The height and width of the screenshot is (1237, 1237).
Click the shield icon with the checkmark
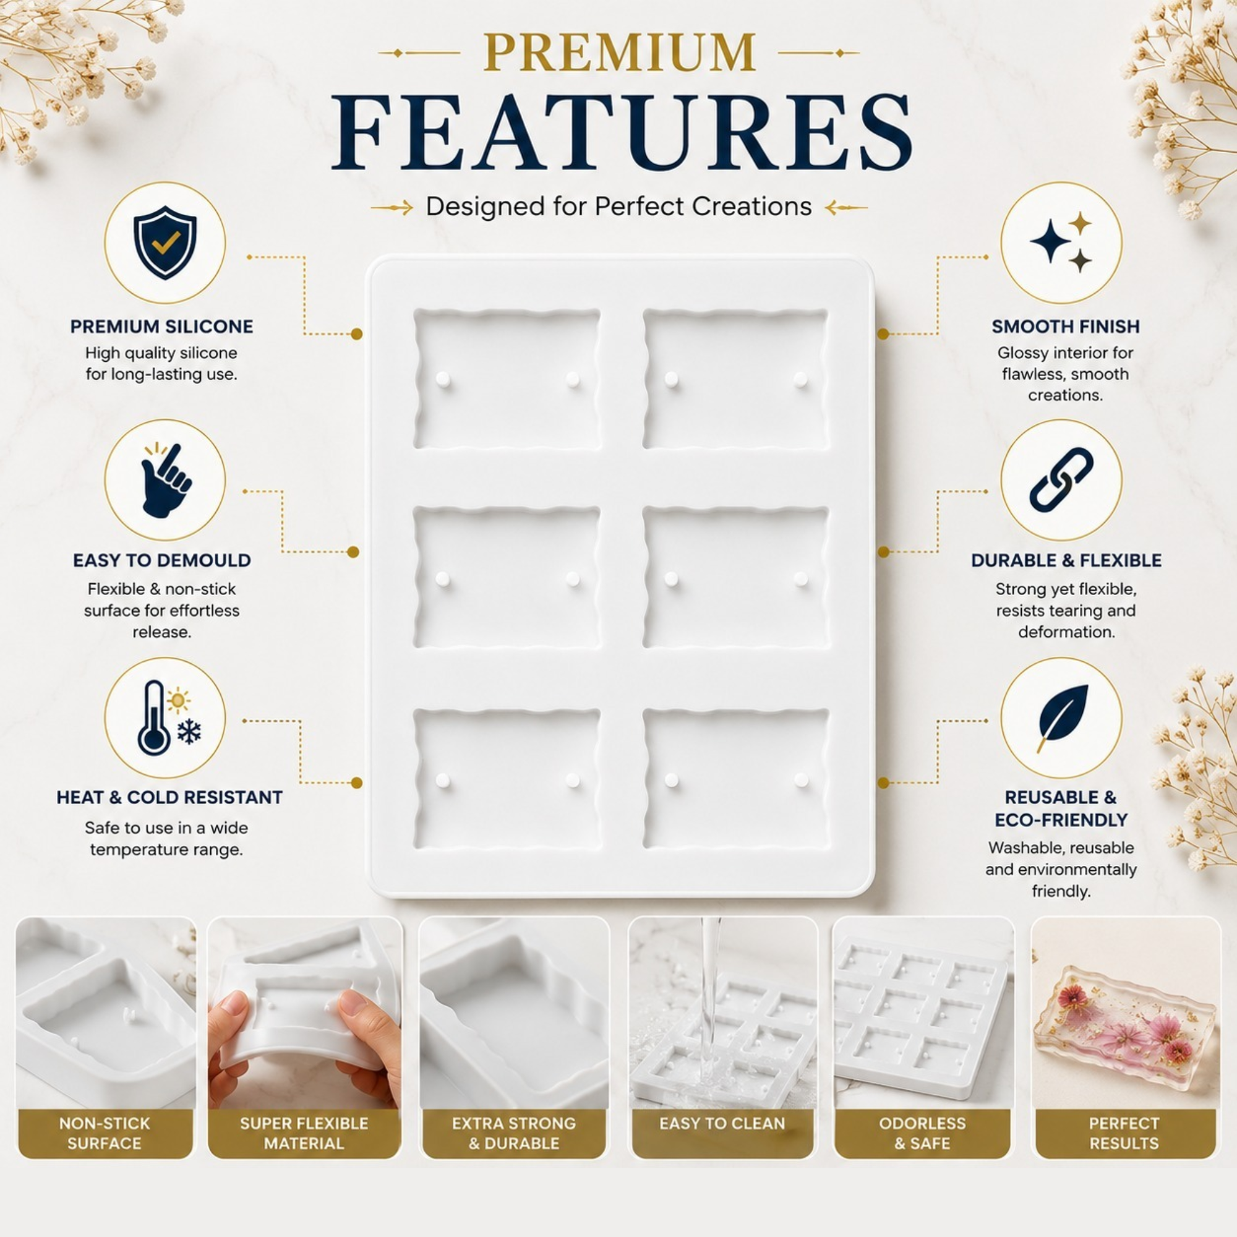click(165, 242)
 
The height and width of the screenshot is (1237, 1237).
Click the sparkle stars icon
click(1061, 241)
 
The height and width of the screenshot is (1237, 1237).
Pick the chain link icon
click(1061, 479)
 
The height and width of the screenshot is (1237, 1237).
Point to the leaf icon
click(1063, 717)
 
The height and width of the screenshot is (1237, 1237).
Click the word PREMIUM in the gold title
click(619, 53)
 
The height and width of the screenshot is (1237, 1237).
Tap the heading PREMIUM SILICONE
click(161, 327)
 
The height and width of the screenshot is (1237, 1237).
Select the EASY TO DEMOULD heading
click(162, 560)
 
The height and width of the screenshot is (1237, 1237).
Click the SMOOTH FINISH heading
click(1066, 327)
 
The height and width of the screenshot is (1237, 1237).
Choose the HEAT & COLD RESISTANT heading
click(169, 797)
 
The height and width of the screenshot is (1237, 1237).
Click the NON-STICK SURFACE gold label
click(105, 1132)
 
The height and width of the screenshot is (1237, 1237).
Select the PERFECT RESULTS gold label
click(1124, 1132)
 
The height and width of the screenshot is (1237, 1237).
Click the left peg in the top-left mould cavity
click(442, 379)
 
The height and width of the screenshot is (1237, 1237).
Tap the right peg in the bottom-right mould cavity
click(800, 780)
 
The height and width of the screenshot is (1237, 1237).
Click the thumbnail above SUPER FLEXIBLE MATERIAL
click(305, 1013)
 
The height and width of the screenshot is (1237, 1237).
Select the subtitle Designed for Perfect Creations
click(618, 207)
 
